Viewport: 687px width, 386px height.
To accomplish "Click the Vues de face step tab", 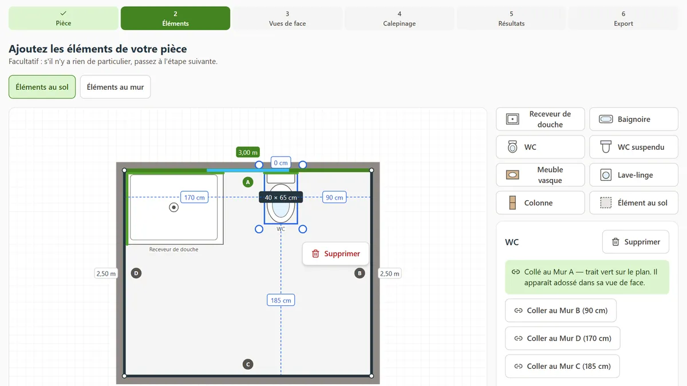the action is coord(287,18).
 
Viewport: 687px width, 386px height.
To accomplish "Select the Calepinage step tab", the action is coord(400,18).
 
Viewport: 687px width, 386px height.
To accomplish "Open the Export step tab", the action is coord(623,18).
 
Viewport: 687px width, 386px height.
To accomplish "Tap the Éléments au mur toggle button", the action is coord(115,87).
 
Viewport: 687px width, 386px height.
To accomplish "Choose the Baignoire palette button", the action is coord(634,119).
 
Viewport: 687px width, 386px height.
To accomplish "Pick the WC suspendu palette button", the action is coord(634,147).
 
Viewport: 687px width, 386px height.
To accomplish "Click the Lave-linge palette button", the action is coord(634,175).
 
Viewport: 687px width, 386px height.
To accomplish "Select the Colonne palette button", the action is coord(540,203).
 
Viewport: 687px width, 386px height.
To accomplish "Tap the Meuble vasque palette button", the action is coord(540,175).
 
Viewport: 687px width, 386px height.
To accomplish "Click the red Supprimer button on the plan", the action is coord(335,254).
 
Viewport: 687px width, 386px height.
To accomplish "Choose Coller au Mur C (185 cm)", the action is coord(562,366).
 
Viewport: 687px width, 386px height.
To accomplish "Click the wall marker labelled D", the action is coord(136,273).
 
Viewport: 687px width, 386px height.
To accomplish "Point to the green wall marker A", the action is coord(248,182).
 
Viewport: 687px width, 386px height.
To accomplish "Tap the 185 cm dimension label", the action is coord(281,300).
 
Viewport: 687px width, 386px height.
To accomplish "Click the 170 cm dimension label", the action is coord(195,197).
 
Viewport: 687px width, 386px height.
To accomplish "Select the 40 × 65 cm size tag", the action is coord(281,197).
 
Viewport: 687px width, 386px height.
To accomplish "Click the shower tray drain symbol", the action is coord(173,208).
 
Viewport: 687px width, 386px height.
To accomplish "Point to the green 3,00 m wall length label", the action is coord(248,152).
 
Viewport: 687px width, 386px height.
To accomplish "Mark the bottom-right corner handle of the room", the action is coord(372,376).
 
